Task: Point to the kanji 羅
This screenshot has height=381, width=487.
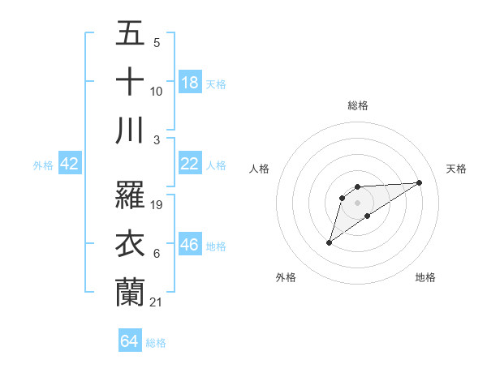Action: [130, 195]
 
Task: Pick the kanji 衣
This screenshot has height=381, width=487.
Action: [130, 243]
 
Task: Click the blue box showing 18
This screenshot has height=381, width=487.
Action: [190, 82]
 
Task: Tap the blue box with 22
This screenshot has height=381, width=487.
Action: [190, 164]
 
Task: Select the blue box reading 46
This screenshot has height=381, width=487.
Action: [190, 245]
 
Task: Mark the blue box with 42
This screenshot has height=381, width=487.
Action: [70, 164]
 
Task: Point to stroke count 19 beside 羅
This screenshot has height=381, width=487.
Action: [157, 205]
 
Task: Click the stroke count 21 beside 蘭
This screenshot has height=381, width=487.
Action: [157, 302]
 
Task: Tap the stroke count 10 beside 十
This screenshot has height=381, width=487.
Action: [157, 92]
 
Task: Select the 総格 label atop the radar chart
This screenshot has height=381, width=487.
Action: [358, 105]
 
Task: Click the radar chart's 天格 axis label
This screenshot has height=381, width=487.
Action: [456, 169]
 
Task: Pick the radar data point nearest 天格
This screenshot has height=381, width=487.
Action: [419, 182]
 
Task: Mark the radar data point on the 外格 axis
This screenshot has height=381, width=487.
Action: [329, 242]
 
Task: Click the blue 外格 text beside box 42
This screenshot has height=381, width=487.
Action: [43, 165]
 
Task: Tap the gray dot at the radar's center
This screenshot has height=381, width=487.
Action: [358, 202]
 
